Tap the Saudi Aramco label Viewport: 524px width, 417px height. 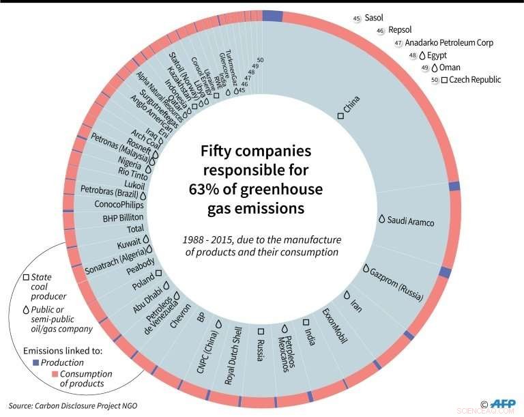410,220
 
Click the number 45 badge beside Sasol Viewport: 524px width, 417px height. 357,19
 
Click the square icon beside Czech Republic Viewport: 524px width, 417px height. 443,80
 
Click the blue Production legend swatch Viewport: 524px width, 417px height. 36,362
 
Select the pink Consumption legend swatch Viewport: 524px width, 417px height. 36,373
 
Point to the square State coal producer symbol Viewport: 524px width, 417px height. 26,277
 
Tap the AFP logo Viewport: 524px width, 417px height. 501,404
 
